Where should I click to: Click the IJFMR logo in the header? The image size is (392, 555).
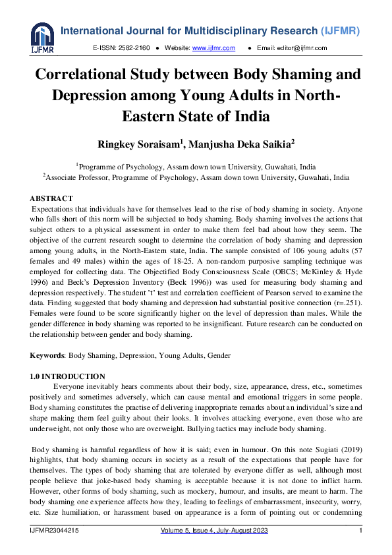(42, 39)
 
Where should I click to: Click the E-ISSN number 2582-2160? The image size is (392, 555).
(133, 48)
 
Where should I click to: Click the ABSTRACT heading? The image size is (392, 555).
(51, 198)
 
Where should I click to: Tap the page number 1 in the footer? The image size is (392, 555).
(360, 531)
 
